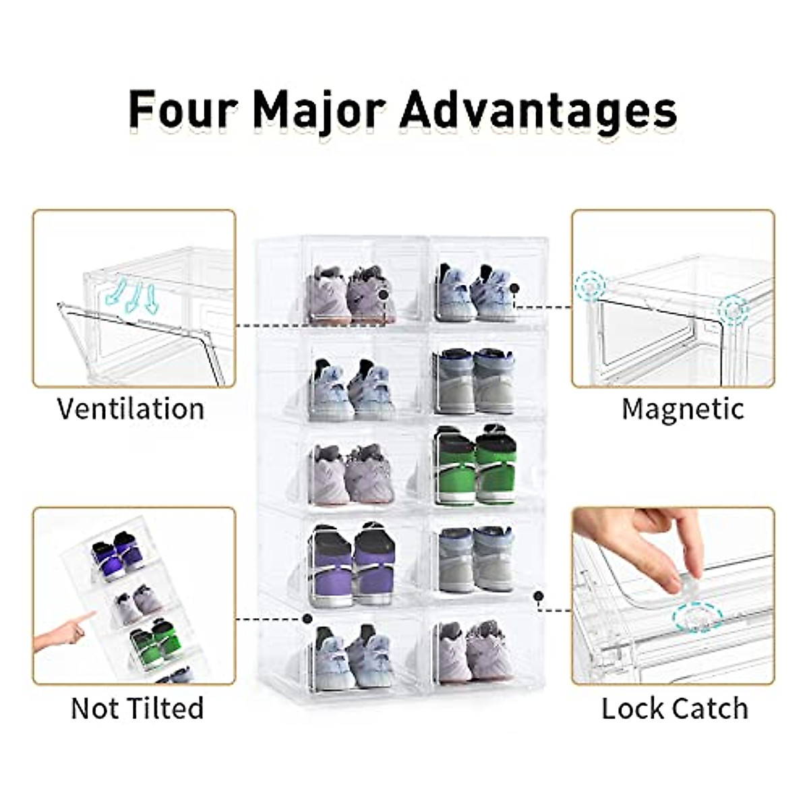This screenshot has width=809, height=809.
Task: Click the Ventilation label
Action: [x=131, y=409]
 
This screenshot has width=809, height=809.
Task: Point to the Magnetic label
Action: [x=683, y=409]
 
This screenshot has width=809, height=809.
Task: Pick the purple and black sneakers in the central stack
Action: [x=352, y=564]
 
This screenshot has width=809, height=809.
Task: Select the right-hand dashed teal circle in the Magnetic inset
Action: [x=733, y=311]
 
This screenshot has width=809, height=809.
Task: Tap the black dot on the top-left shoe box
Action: [x=384, y=294]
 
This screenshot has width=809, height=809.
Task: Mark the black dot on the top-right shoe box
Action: [x=514, y=288]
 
